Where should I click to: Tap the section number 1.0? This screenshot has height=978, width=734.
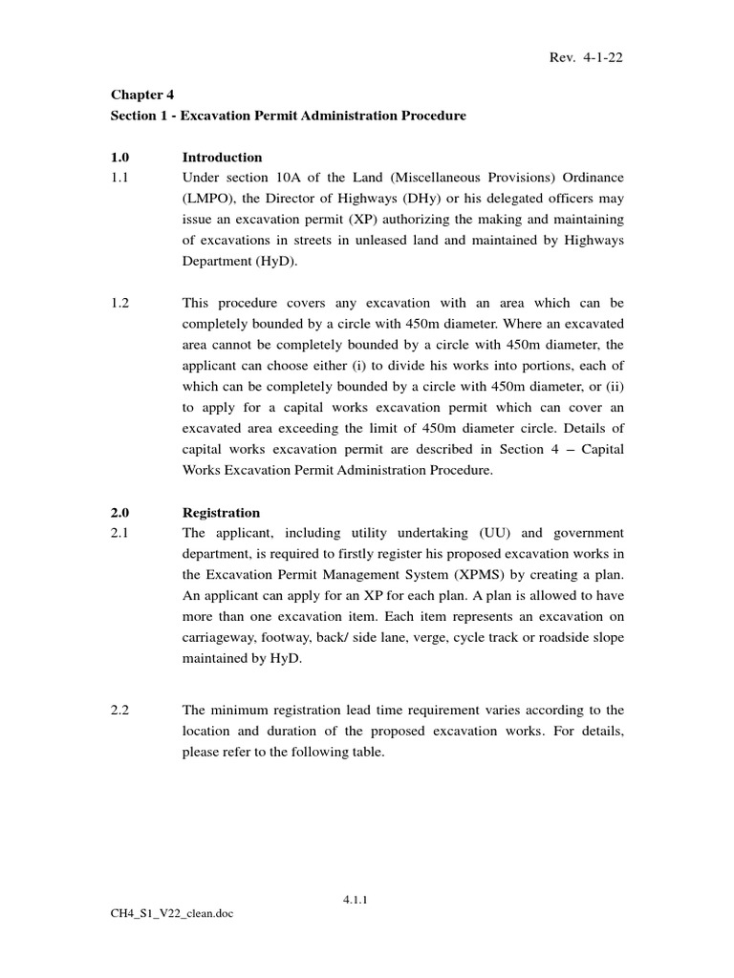120,157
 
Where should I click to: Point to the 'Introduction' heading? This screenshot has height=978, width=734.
223,157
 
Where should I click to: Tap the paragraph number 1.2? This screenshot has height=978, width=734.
120,302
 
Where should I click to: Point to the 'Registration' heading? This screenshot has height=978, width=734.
221,512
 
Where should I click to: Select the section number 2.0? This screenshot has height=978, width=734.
120,512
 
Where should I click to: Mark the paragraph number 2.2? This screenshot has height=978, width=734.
120,709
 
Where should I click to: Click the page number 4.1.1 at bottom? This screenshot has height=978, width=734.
356,898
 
